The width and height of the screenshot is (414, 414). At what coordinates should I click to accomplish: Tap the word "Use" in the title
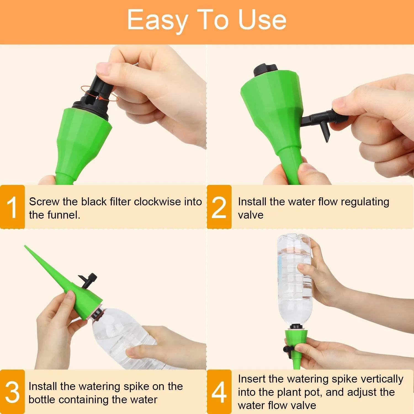click(x=262, y=20)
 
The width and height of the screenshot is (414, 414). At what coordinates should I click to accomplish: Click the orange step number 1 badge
click(x=12, y=207)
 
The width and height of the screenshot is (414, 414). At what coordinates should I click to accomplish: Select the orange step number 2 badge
click(x=219, y=207)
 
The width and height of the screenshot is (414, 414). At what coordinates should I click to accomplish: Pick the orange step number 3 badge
click(x=12, y=392)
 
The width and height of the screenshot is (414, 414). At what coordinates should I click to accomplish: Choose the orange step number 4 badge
click(x=219, y=392)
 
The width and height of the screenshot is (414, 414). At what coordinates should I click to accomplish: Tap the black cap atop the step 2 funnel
click(x=266, y=71)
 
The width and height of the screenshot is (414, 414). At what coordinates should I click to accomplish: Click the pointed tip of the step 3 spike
click(x=25, y=246)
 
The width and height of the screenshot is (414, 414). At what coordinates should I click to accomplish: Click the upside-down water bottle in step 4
click(x=294, y=280)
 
